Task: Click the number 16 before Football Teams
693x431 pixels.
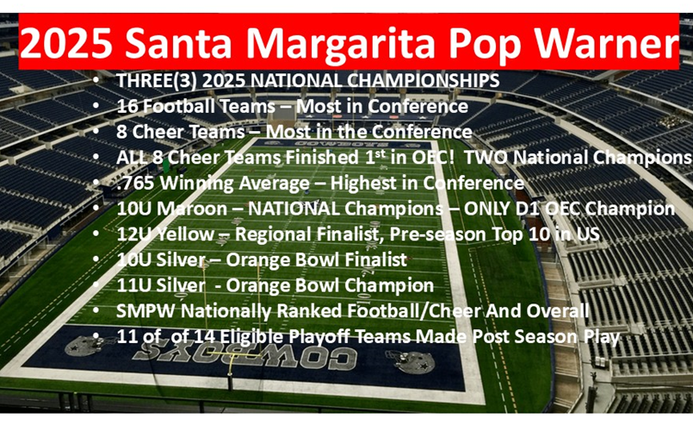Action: tap(127, 107)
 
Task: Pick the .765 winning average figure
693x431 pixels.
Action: tap(134, 184)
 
